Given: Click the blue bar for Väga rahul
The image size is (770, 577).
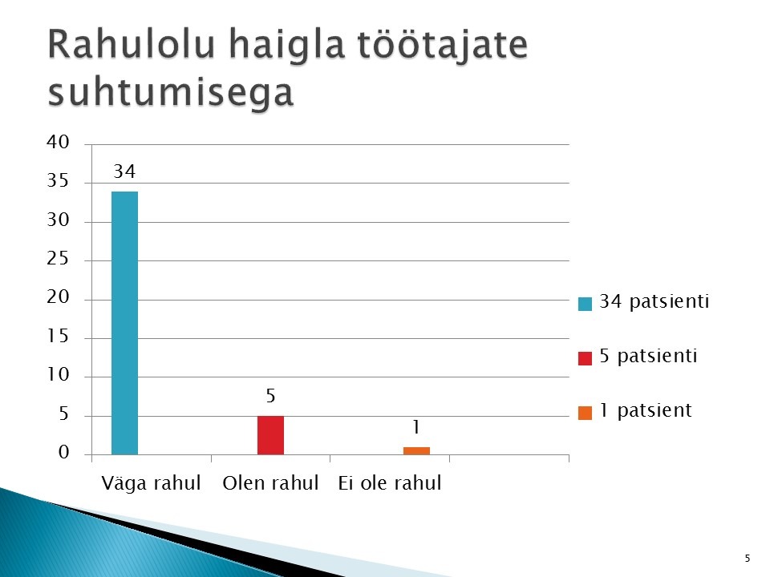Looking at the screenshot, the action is (125, 323).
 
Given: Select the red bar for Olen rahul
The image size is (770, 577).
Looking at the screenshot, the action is (270, 435).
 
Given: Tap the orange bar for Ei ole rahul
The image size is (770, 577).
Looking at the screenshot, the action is (416, 451).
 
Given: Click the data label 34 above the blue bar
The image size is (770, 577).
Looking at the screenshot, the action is (124, 171).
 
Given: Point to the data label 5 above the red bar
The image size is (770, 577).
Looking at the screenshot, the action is (270, 396).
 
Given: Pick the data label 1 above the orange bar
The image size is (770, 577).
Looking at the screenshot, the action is (416, 427).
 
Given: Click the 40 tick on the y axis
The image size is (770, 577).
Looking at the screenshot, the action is (58, 142).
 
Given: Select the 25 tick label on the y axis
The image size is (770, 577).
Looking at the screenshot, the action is (58, 258).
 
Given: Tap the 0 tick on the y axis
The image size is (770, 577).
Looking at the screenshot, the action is (64, 452).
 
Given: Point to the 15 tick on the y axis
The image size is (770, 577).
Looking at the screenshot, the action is (58, 336).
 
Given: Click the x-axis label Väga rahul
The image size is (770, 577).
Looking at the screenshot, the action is (152, 483).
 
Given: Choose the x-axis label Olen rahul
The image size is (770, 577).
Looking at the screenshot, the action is (270, 482).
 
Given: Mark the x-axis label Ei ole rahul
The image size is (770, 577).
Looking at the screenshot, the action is (390, 482).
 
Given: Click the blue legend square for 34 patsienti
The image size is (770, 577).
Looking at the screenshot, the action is (585, 304).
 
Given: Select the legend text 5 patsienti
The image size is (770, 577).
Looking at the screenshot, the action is (648, 356).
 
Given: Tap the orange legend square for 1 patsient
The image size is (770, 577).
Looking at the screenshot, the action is (585, 414).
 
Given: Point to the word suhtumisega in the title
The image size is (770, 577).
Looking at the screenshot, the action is (171, 92).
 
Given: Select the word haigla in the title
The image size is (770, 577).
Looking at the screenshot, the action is (287, 46).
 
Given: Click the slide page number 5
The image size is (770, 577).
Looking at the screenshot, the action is (748, 558).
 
